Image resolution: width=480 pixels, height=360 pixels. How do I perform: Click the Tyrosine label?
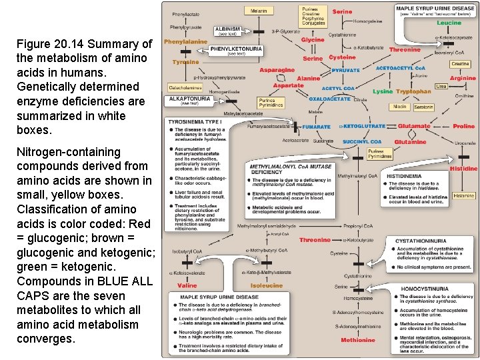185,62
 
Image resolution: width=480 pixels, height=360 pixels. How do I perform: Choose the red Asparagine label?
277,70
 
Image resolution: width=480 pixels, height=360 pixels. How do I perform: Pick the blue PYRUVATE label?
345,70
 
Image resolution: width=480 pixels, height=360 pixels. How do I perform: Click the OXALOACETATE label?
329,99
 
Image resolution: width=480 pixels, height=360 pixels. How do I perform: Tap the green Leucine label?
449,23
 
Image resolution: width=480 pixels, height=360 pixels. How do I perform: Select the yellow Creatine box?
460,64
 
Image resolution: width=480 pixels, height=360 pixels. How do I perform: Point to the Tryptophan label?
413,91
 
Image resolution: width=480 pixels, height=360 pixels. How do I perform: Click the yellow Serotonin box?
423,107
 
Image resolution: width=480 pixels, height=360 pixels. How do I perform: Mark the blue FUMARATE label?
316,127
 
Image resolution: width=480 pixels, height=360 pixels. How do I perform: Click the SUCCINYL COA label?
362,141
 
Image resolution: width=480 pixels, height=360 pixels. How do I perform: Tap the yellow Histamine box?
463,196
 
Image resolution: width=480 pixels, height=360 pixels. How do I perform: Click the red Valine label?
187,285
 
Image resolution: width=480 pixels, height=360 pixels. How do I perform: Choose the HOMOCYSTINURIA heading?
424,289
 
